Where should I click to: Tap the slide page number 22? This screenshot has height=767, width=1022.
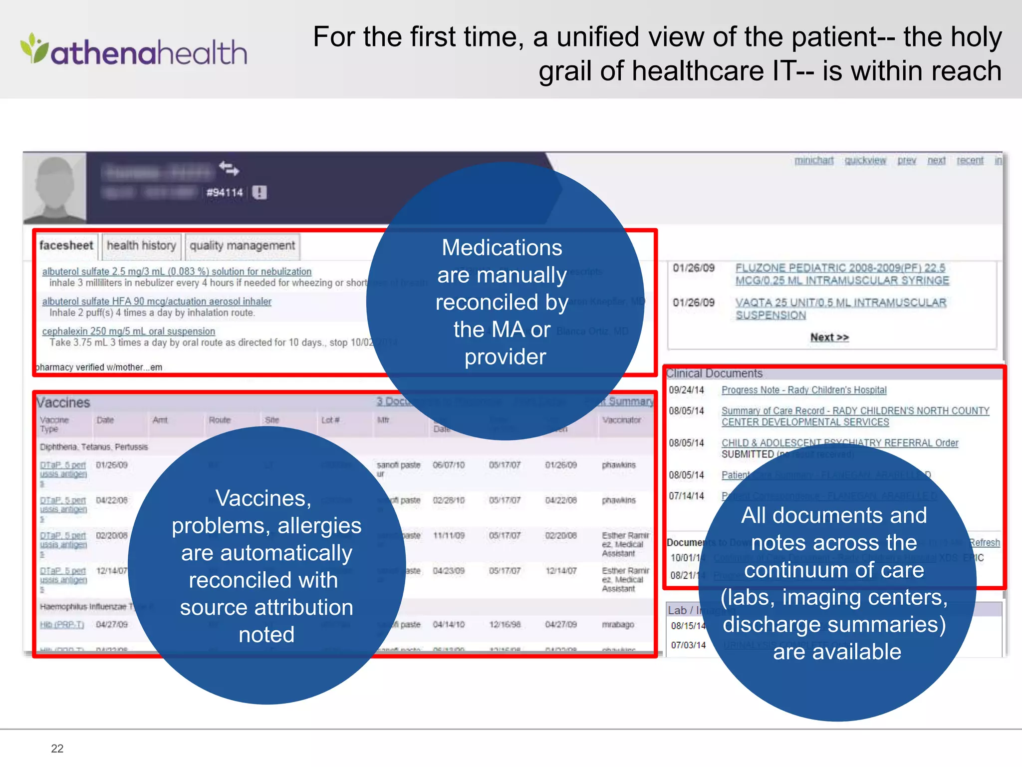57,748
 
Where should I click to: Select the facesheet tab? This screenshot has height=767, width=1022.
66,246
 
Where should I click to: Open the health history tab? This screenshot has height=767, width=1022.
141,246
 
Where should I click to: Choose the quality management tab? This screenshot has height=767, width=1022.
242,246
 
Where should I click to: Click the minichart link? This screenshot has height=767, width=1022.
814,160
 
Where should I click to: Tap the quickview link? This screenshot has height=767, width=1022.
865,160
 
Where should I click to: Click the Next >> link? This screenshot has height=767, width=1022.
829,338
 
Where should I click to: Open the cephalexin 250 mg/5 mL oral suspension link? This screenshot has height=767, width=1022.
129,331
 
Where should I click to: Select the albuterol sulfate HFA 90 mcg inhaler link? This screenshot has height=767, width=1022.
157,302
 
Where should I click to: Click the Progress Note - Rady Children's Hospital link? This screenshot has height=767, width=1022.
804,390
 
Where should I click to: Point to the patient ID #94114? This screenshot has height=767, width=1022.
225,193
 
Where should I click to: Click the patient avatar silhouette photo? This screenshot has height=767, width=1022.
55,188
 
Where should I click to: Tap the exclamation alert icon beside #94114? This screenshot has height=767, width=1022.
259,192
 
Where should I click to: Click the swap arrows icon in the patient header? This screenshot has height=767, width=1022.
229,168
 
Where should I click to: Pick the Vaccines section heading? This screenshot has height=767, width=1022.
63,402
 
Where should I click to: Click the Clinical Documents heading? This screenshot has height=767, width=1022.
714,374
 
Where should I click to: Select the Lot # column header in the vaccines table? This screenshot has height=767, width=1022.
330,420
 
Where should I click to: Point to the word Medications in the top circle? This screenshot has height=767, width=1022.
502,248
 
